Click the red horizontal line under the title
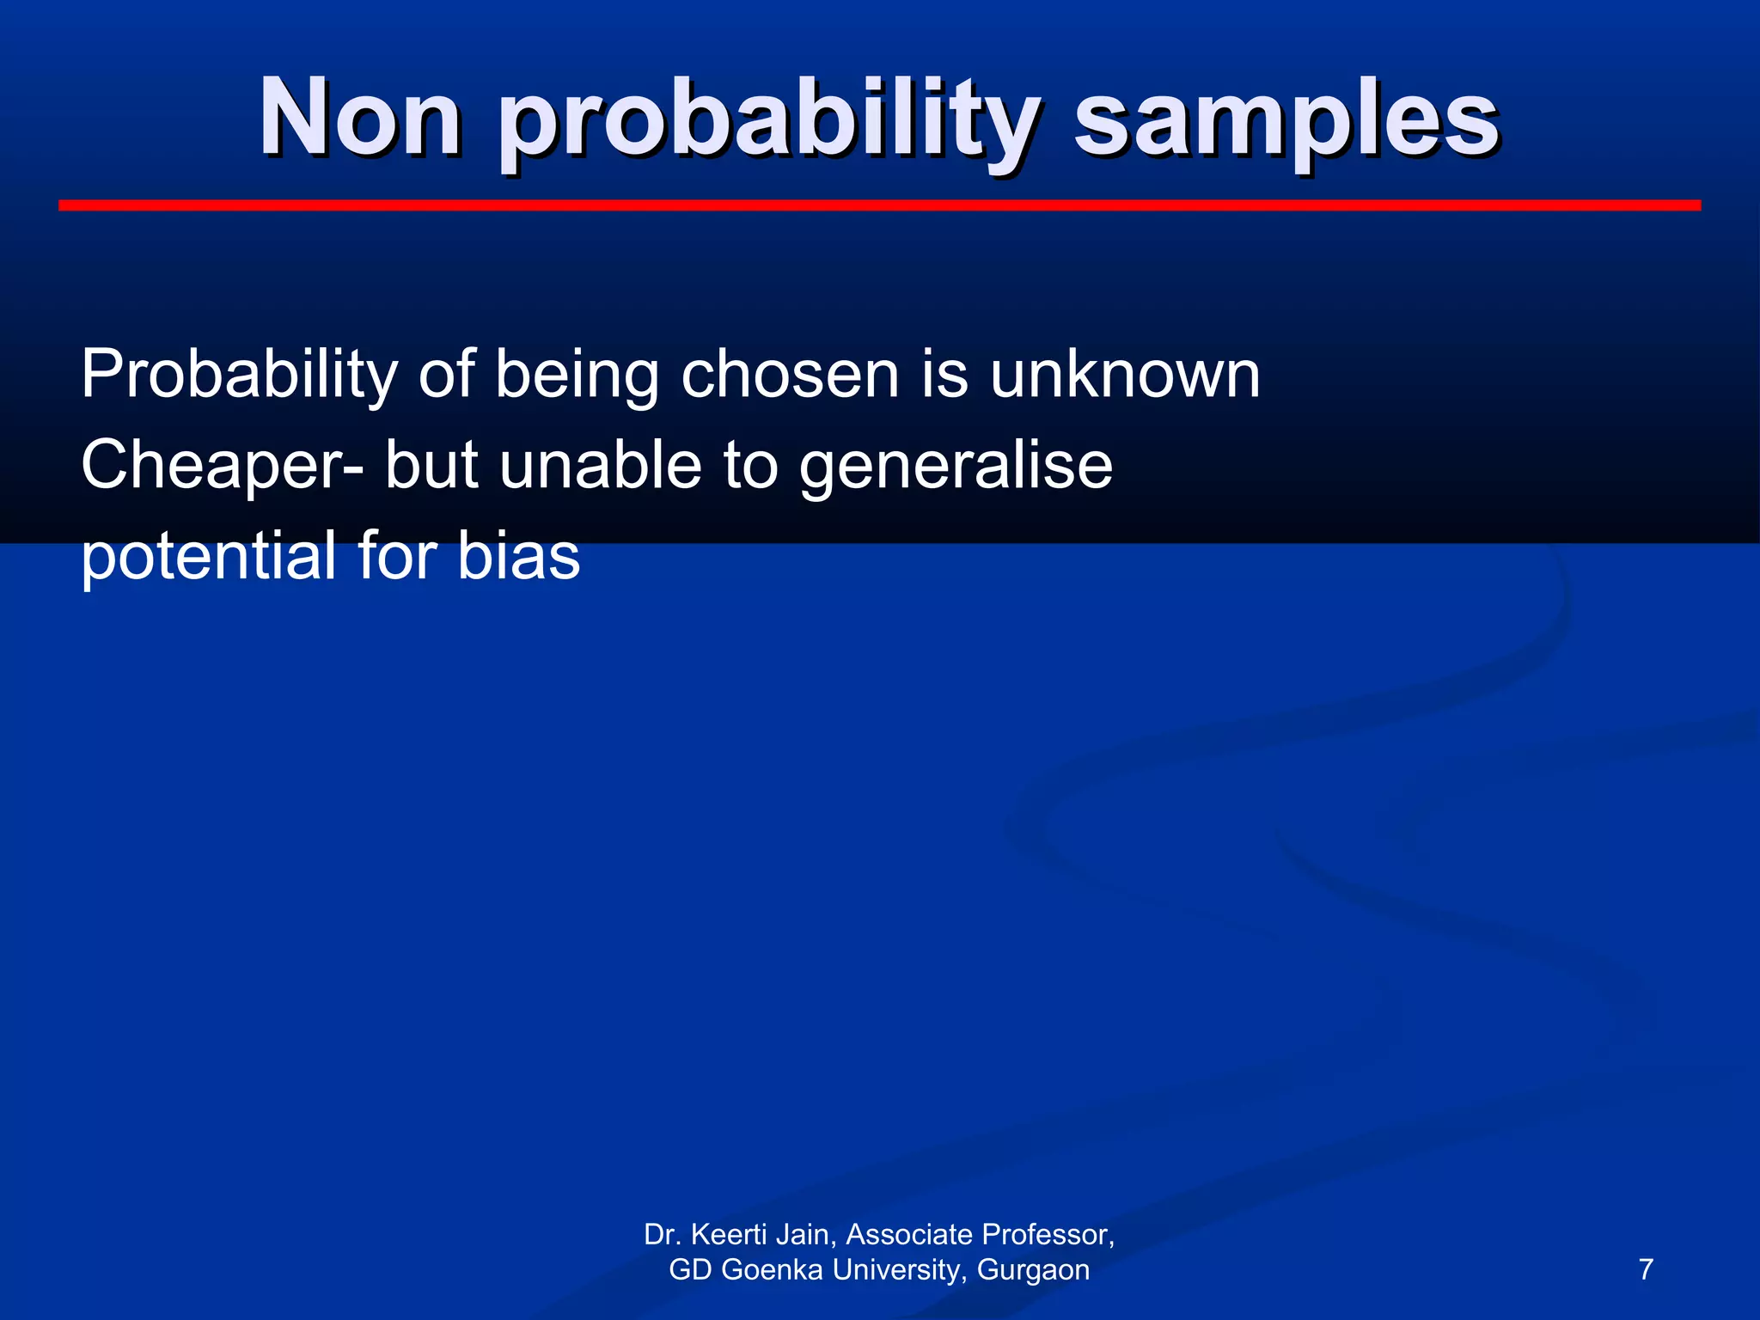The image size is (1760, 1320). click(879, 205)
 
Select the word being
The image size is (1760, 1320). click(577, 376)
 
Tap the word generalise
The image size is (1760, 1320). click(956, 466)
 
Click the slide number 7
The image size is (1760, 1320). click(1646, 1269)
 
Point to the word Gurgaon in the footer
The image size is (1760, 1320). click(1033, 1270)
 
